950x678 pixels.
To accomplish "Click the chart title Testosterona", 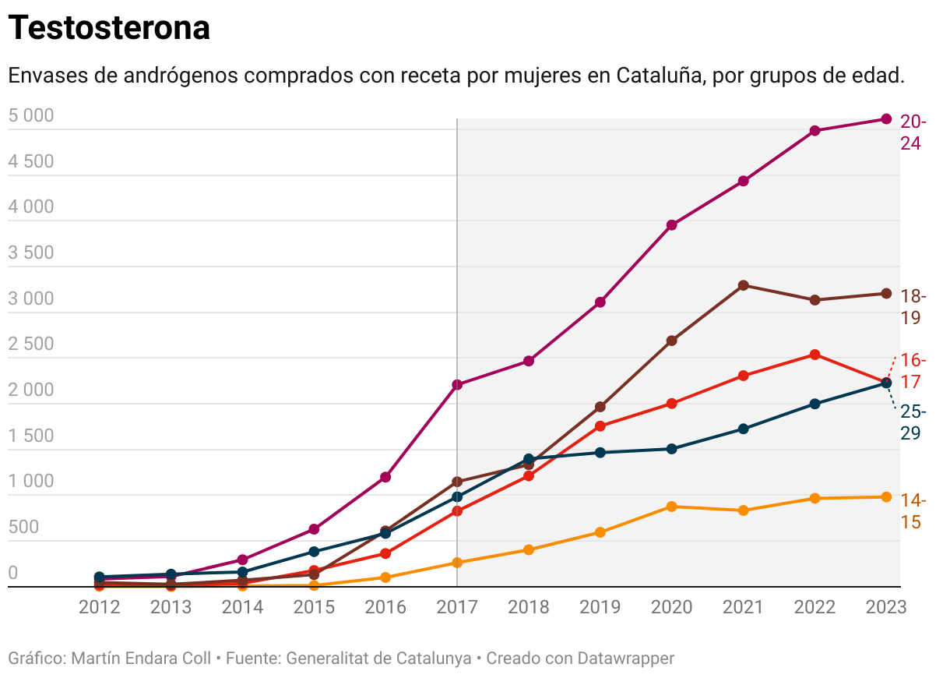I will click(109, 29).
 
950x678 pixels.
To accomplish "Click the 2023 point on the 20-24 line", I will click(886, 119).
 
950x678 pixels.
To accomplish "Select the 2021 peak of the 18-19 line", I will click(744, 285).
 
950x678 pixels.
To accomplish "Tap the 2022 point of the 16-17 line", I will click(815, 355).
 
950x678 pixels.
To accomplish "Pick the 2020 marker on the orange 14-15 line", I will click(672, 507).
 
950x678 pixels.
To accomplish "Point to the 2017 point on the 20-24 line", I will click(457, 384).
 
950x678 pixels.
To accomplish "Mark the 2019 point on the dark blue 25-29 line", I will click(600, 453).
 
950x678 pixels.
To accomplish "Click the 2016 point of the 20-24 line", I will click(385, 477).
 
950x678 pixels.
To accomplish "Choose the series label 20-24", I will click(913, 132).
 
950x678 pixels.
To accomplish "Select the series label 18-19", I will click(913, 307).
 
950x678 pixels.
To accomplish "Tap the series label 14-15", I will click(913, 511).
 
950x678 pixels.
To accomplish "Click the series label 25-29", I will click(913, 422).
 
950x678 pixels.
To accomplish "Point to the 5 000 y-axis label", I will click(31, 116).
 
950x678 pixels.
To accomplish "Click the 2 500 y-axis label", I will click(31, 344).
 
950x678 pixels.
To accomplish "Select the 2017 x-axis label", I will click(457, 608).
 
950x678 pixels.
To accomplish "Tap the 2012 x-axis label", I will click(100, 608).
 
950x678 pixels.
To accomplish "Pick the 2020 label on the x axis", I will click(672, 608).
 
